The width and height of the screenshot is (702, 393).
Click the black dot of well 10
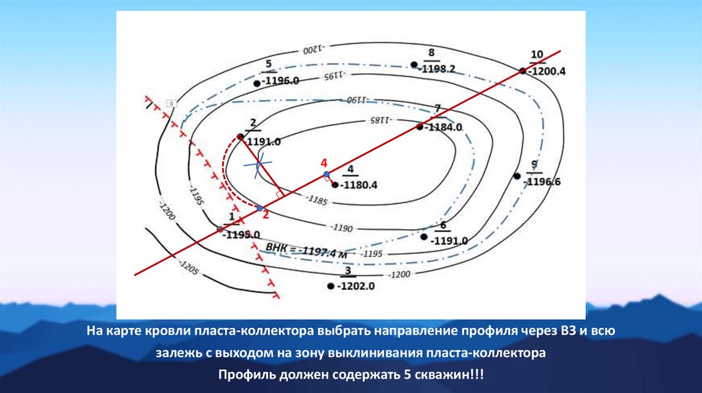click(x=522, y=71)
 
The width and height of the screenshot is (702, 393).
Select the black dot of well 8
click(x=414, y=65)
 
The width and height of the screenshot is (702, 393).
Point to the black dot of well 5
click(x=256, y=83)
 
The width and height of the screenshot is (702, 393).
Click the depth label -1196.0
click(x=281, y=81)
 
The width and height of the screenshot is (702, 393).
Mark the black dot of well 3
click(x=330, y=286)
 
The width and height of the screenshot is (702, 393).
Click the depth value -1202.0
click(x=356, y=287)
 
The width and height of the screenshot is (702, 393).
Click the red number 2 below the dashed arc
click(x=265, y=214)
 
